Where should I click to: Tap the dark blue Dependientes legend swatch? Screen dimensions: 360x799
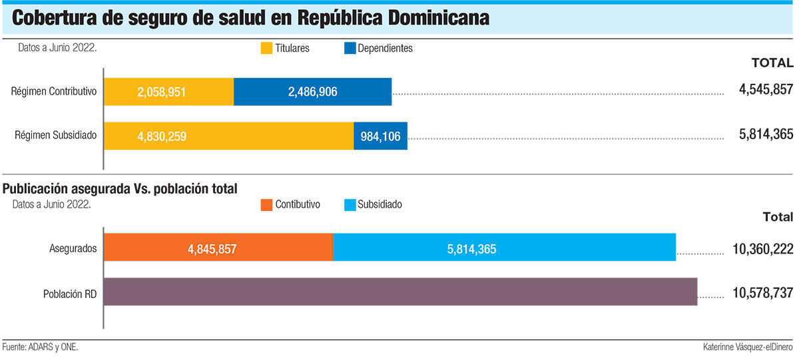[x=350, y=48]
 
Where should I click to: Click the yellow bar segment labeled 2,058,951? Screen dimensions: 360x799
[x=168, y=92]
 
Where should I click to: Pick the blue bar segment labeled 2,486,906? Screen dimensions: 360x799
[x=312, y=92]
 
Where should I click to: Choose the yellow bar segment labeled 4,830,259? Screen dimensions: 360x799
[x=228, y=136]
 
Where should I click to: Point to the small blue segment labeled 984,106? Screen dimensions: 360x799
[x=380, y=136]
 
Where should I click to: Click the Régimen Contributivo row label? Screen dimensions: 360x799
[x=55, y=91]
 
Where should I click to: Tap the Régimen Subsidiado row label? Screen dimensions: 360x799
[x=56, y=135]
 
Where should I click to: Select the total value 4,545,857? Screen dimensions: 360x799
[x=766, y=89]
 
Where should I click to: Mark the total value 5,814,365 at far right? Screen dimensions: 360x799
[x=766, y=134]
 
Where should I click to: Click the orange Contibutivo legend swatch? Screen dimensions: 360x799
[x=266, y=204]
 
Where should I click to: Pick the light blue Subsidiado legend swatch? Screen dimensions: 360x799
[x=350, y=204]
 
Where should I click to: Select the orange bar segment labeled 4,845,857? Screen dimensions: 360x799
[x=218, y=248]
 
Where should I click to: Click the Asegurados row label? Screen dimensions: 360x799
[x=73, y=248]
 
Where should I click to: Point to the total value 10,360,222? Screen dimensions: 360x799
[x=762, y=249]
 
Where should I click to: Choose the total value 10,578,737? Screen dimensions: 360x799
[x=762, y=293]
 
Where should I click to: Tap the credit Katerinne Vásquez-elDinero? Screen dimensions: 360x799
[x=748, y=347]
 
